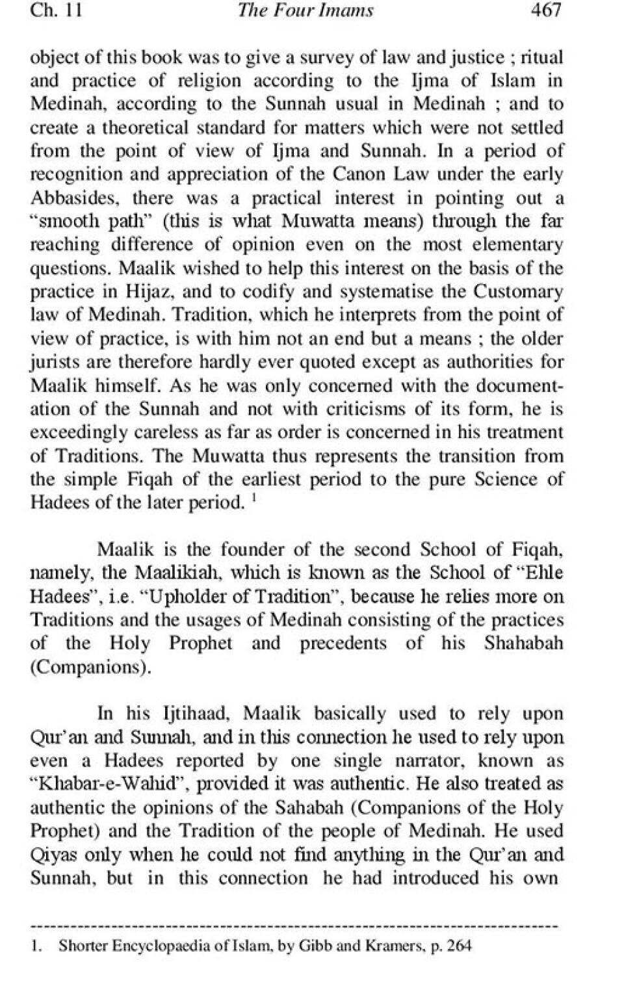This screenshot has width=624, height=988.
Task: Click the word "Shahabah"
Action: pos(523,643)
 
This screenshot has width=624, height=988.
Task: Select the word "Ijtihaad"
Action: pos(194,714)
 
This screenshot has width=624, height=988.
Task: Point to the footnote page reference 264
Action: pos(459,946)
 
